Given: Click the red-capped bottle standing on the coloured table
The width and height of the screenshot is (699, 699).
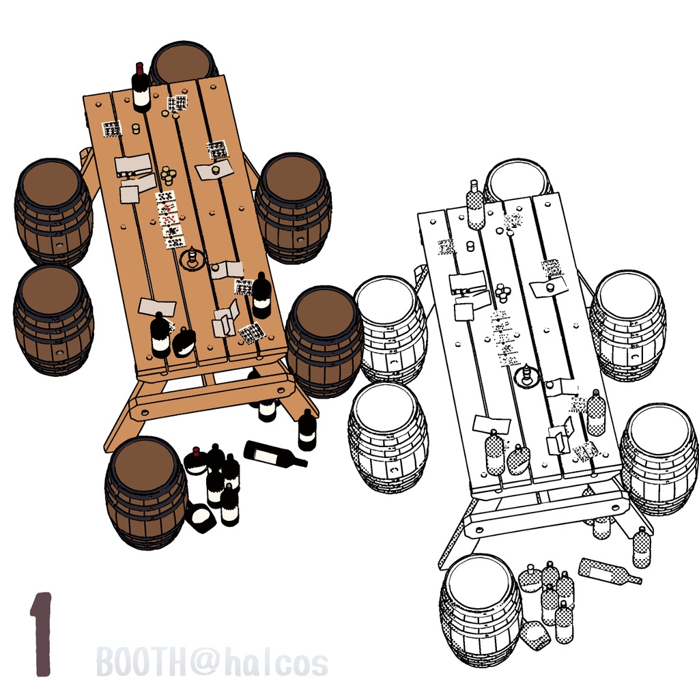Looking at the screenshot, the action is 141,87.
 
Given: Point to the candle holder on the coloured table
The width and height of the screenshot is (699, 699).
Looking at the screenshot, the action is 192,259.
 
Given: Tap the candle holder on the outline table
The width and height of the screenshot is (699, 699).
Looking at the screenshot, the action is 527,376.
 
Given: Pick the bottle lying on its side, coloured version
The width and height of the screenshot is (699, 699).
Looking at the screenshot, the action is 275,454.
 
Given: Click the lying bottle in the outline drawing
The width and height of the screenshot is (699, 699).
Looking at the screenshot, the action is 610,571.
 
